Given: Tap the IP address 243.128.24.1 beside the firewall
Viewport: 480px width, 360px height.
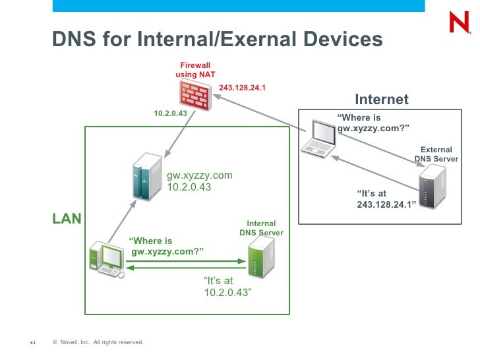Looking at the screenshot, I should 242,87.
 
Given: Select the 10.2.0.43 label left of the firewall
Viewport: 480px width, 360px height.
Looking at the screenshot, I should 171,113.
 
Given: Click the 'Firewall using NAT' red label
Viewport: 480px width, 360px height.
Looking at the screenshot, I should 195,70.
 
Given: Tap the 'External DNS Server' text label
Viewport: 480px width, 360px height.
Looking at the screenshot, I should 436,154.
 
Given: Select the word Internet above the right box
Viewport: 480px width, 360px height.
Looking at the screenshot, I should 382,100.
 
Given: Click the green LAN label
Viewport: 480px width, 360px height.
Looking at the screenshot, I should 67,218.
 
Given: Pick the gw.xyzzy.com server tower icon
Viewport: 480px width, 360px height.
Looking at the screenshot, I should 146,176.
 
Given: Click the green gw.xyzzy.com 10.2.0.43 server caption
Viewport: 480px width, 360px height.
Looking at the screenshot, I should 199,181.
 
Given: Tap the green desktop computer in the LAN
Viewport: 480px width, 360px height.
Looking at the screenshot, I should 107,258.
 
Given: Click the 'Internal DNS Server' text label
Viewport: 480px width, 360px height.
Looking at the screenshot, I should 261,228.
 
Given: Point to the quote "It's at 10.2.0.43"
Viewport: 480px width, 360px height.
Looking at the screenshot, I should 228,286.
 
